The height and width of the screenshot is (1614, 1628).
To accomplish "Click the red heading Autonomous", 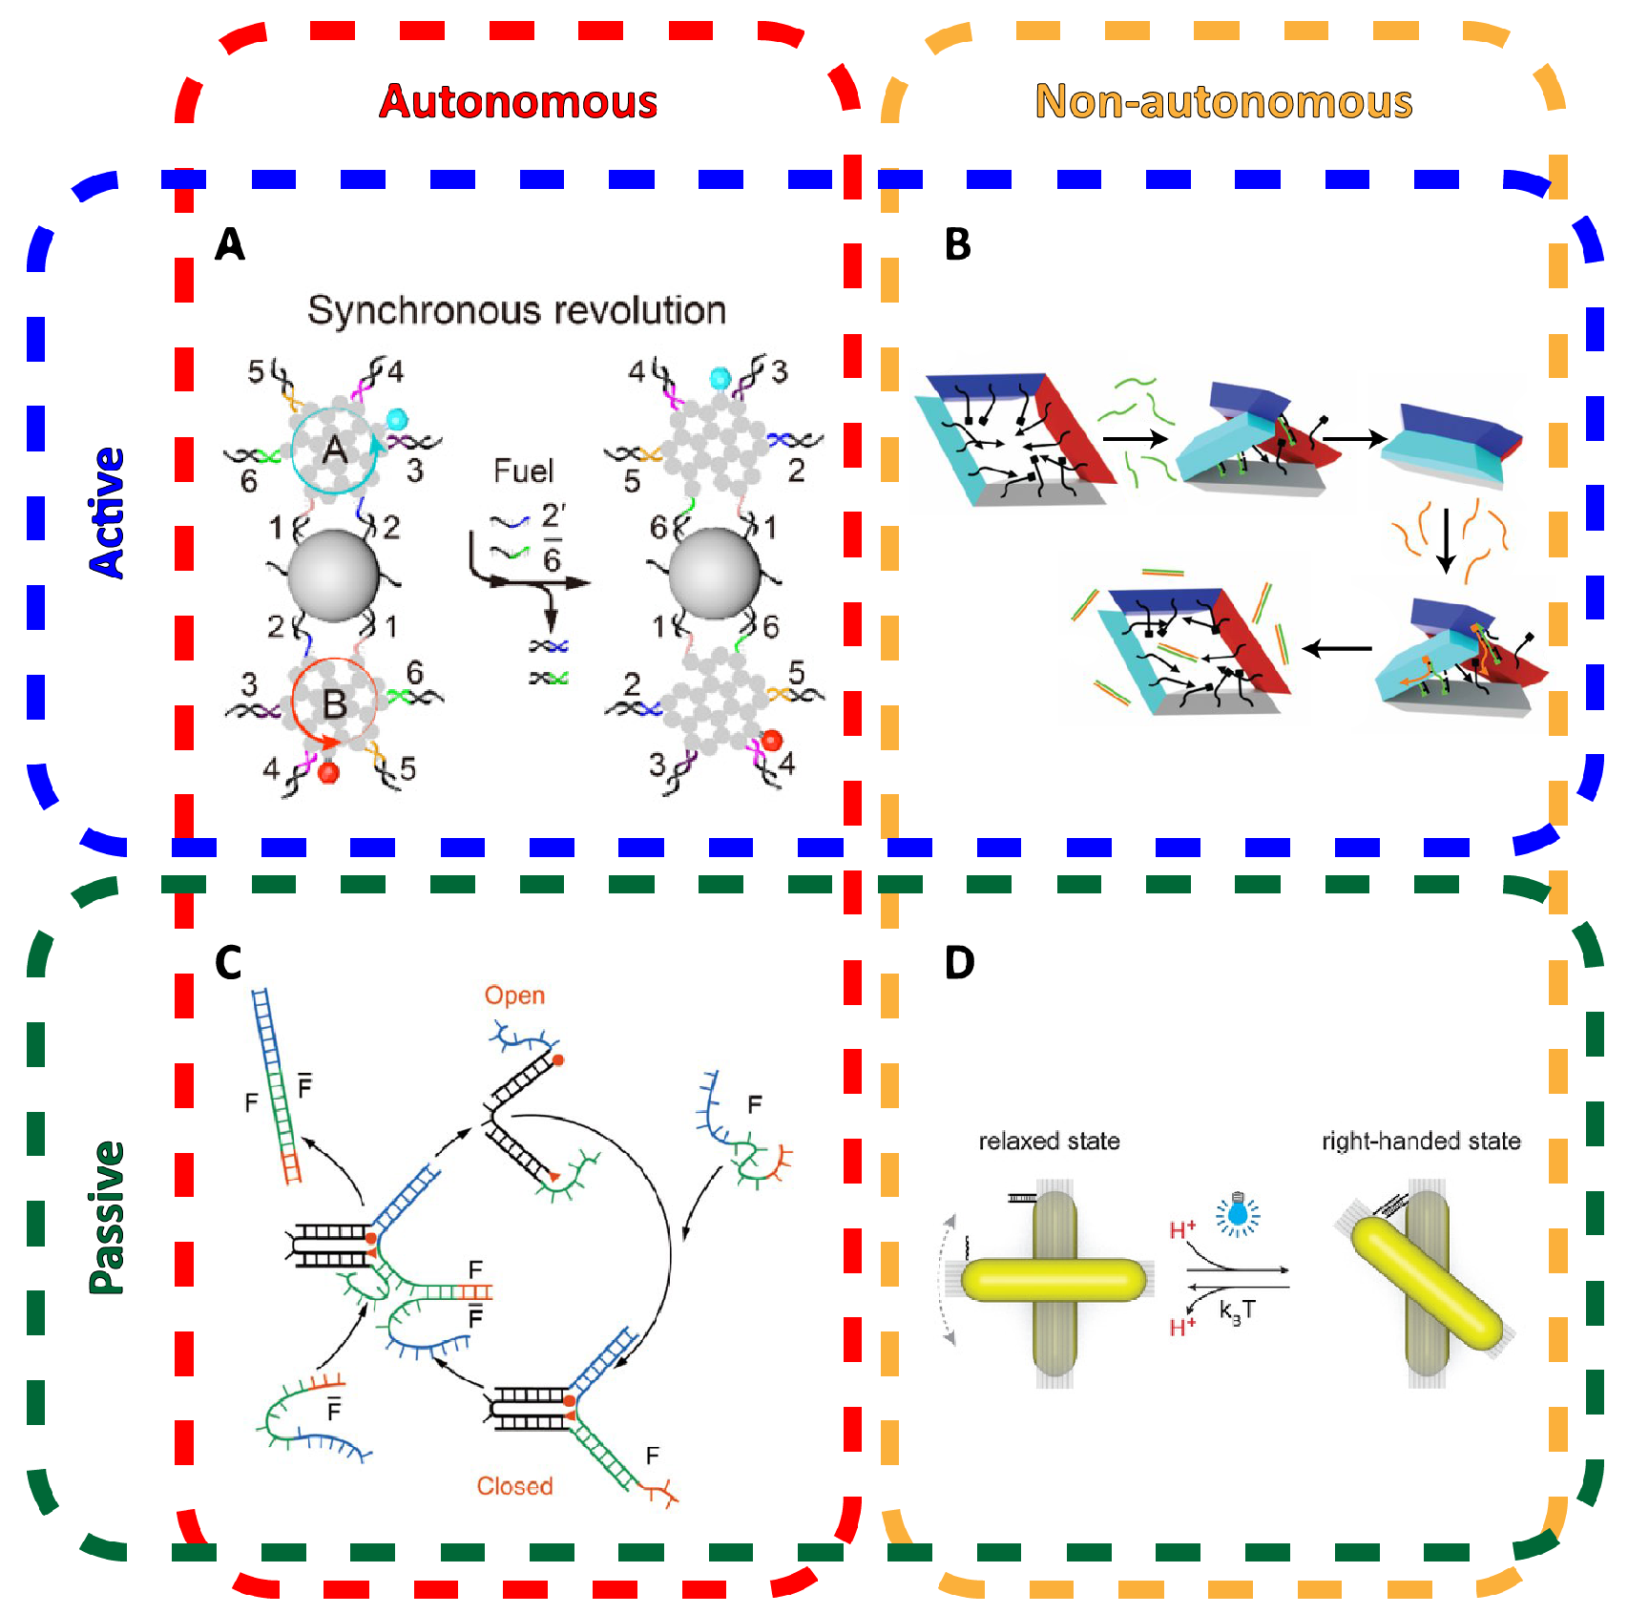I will [x=518, y=101].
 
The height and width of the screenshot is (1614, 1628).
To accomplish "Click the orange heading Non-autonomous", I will [x=1223, y=101].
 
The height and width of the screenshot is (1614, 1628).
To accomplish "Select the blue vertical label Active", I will [x=107, y=513].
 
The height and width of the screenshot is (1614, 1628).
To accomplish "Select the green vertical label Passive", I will [x=107, y=1218].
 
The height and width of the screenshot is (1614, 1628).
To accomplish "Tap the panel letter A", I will [x=230, y=244].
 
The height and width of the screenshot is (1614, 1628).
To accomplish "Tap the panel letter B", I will [x=957, y=244].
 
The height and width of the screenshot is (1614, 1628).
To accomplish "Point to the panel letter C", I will [x=228, y=963].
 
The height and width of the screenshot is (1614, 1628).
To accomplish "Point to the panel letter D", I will [x=959, y=963].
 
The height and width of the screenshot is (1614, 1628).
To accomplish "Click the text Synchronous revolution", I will [x=516, y=310].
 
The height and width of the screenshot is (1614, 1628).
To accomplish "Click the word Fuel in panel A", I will [x=523, y=471].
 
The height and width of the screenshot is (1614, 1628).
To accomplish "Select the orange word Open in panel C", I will [x=514, y=996].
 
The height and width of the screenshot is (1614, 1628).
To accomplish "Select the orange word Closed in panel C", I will [x=514, y=1486].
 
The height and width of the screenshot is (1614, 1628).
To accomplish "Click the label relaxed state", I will [x=1049, y=1141].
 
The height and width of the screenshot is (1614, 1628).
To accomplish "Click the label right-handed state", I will [x=1421, y=1141].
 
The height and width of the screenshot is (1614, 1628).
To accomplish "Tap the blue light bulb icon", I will [x=1238, y=1213].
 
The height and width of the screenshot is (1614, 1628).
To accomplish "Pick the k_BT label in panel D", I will [x=1237, y=1311].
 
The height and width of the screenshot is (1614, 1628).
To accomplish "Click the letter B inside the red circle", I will [x=334, y=704].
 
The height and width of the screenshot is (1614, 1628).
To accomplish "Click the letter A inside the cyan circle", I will [x=334, y=449].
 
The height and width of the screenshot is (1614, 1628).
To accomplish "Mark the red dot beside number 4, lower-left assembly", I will [x=329, y=772].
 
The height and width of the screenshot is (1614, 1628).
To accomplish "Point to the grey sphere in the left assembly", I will [x=333, y=576].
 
